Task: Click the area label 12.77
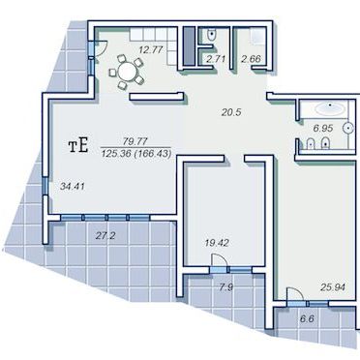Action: click(150, 50)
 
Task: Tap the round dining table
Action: click(127, 72)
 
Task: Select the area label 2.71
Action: click(216, 59)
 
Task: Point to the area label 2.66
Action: click(251, 59)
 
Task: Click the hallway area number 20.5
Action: click(231, 112)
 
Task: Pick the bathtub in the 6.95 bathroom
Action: click(330, 108)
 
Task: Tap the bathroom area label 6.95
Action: click(323, 128)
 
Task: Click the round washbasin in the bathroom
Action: click(348, 128)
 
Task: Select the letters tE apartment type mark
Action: click(78, 146)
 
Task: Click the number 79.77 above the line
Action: click(135, 141)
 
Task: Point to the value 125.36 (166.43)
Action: click(135, 153)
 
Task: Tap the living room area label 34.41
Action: click(73, 186)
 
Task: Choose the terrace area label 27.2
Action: click(105, 236)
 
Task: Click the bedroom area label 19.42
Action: click(217, 243)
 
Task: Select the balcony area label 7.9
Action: click(225, 286)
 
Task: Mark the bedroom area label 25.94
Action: click(333, 286)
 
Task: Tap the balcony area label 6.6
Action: click(307, 319)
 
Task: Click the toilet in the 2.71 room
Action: click(211, 35)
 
